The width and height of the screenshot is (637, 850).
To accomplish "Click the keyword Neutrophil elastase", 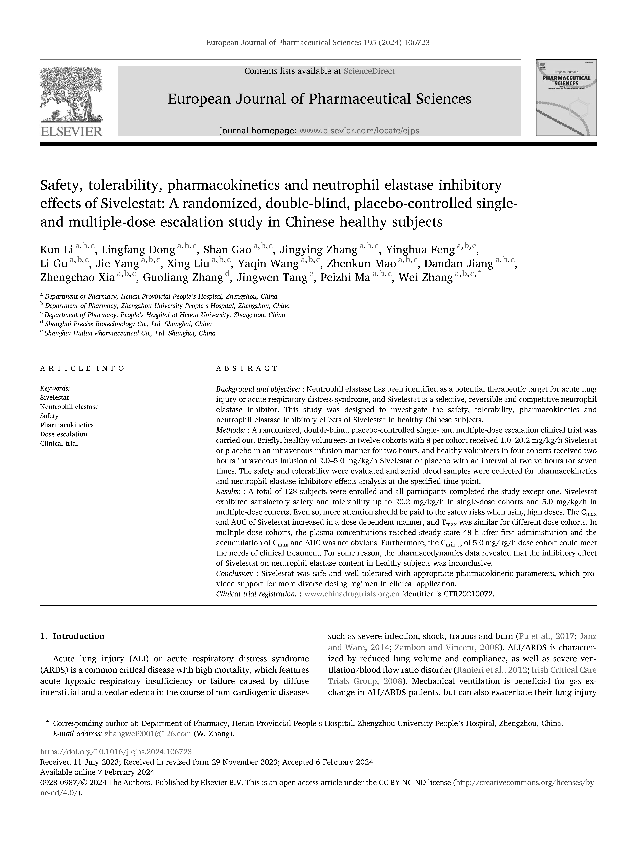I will pos(69,407).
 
